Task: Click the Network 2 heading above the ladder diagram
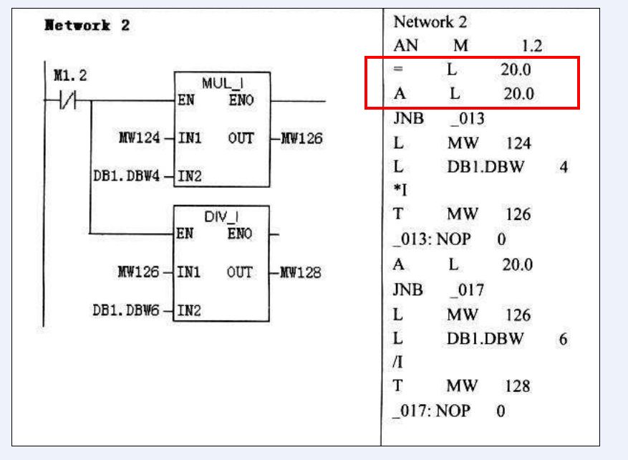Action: tap(87, 26)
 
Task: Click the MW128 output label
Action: tap(300, 272)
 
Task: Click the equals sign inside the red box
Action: tap(399, 70)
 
